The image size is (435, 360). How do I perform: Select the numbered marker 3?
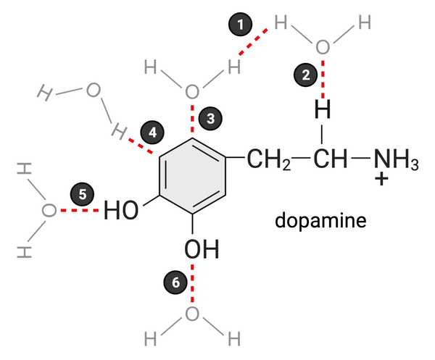tap(210, 119)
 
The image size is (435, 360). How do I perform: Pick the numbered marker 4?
tap(152, 132)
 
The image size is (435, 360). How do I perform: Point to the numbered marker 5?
tap(82, 194)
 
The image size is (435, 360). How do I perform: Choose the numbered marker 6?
tap(176, 284)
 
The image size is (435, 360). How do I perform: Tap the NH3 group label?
tap(394, 159)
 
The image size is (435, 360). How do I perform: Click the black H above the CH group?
tap(323, 111)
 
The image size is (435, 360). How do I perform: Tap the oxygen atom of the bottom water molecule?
tap(192, 314)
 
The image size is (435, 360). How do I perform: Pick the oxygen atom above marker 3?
tap(191, 92)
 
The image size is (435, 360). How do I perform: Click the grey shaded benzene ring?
tap(191, 177)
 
